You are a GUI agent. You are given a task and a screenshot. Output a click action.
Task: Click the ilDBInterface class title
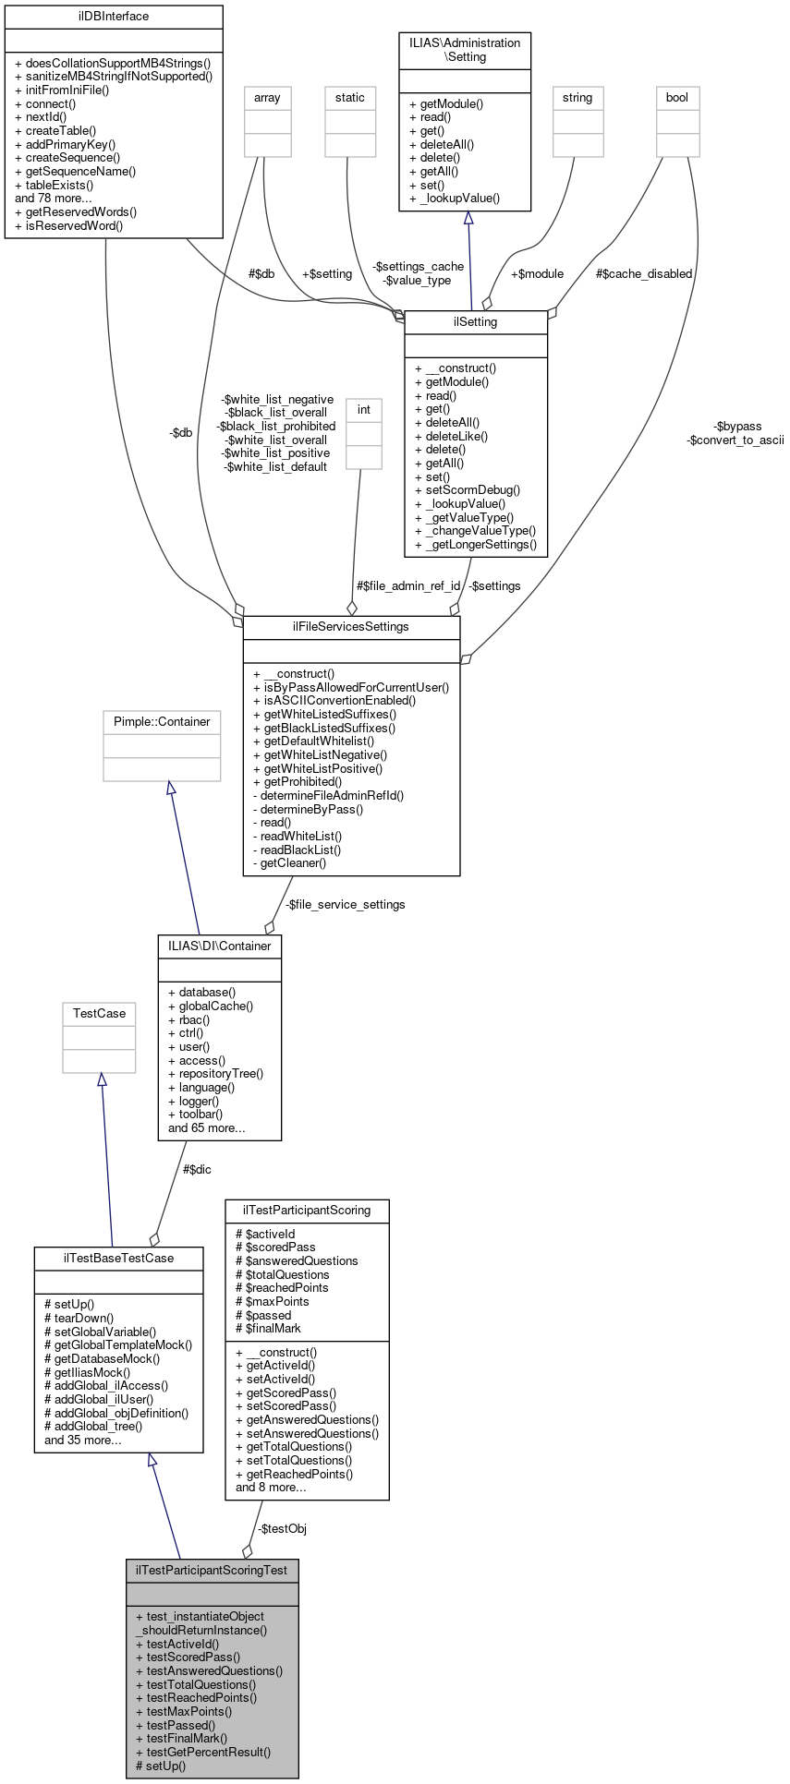point(114,17)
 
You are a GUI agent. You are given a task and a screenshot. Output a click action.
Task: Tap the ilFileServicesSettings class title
point(351,627)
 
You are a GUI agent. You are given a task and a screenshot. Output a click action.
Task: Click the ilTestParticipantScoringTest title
point(212,1570)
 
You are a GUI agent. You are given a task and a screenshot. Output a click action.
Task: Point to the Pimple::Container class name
point(162,722)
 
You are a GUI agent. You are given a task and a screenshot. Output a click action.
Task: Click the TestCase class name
point(99,1014)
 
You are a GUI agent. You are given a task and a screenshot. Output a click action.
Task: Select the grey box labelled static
point(350,98)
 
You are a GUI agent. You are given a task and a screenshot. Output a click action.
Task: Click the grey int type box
point(364,409)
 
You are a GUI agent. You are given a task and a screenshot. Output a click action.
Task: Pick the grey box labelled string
point(577,98)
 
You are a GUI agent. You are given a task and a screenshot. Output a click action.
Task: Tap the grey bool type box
point(677,98)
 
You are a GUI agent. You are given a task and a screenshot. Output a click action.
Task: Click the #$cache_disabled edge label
point(643,274)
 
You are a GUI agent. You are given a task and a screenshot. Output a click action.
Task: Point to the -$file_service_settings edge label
point(345,905)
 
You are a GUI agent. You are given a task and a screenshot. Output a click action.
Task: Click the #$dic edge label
point(197,1170)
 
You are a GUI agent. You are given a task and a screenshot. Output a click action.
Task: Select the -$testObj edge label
point(282,1529)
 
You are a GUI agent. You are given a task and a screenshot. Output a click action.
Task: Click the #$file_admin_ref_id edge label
point(407,586)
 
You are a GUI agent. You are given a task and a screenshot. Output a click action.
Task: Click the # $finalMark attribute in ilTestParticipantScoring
point(269,1329)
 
